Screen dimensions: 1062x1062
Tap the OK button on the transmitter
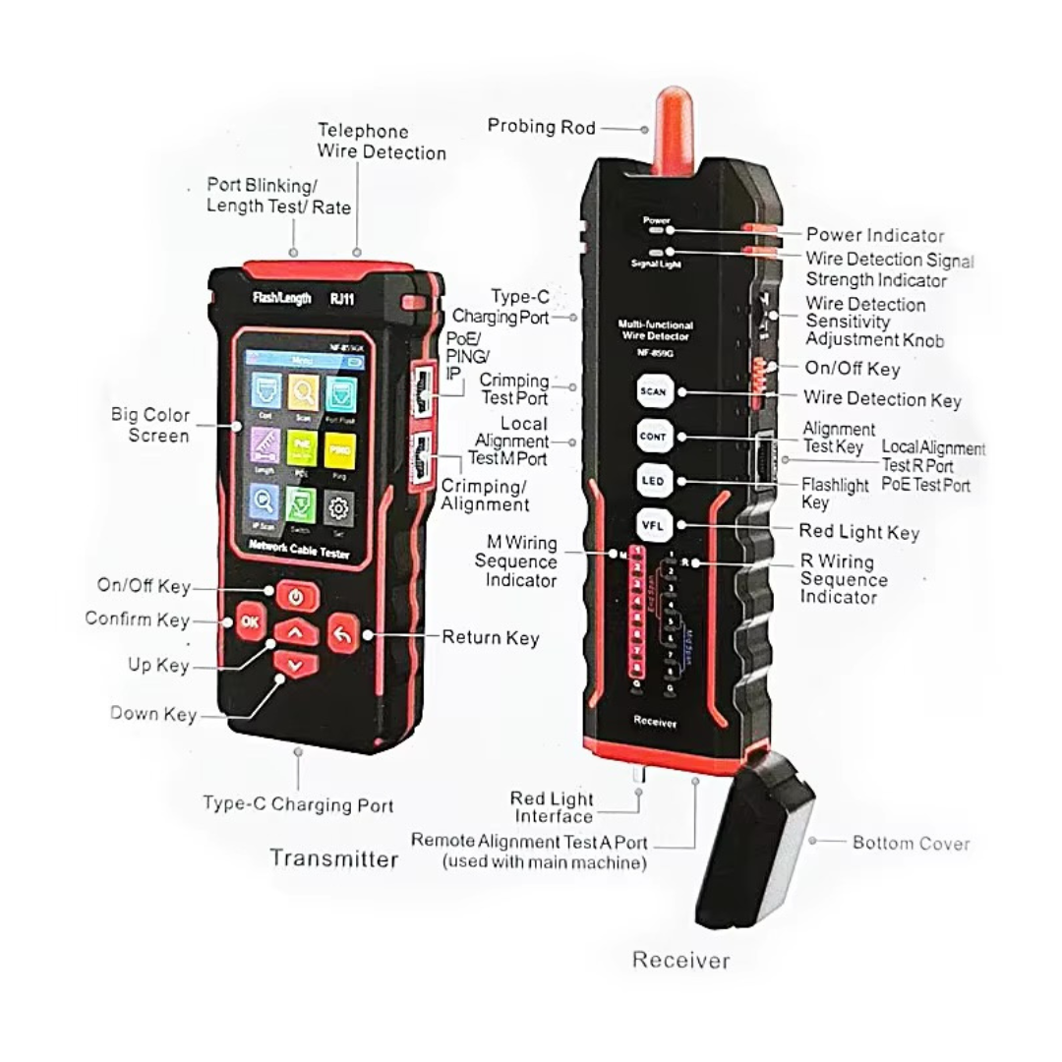point(251,621)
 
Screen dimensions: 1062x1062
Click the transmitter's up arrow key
point(295,632)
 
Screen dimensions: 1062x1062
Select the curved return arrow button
point(341,632)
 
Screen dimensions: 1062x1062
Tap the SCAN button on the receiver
point(653,391)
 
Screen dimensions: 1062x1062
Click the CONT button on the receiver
point(653,436)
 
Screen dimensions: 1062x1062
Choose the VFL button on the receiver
point(653,524)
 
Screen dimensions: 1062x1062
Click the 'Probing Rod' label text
point(541,127)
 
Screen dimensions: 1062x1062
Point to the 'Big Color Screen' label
point(150,425)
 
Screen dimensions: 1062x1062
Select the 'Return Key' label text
point(490,637)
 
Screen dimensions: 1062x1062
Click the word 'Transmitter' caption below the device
point(334,858)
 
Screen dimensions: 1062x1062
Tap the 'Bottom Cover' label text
point(911,843)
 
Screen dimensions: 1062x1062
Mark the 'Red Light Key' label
point(858,532)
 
